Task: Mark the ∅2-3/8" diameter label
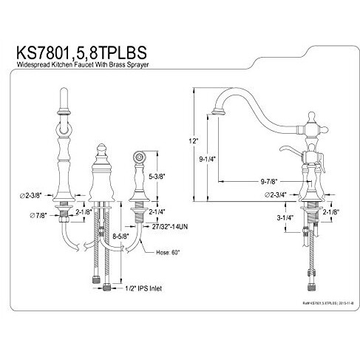tap(35, 196)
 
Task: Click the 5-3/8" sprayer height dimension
tap(157, 177)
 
